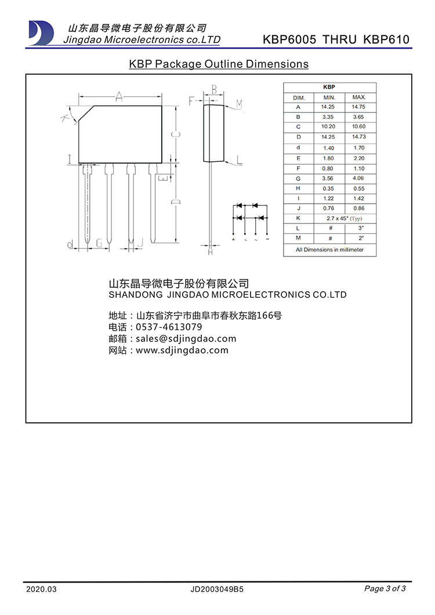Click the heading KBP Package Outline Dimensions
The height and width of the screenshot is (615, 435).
click(x=219, y=64)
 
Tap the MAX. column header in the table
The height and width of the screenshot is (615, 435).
click(x=358, y=97)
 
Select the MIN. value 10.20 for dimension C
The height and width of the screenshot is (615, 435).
click(x=328, y=126)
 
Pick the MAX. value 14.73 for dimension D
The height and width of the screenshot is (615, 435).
click(x=358, y=137)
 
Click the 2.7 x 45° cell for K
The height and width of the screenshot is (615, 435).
click(x=344, y=219)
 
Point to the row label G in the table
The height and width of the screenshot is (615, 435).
click(x=298, y=178)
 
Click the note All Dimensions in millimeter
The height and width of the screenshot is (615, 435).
click(x=329, y=249)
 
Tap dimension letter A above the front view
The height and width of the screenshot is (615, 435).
click(x=119, y=96)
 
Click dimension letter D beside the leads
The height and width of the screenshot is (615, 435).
click(x=177, y=201)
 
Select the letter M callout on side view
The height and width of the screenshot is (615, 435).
click(x=239, y=104)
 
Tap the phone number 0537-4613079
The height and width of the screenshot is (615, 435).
click(x=169, y=327)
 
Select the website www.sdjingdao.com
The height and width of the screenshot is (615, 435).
click(x=182, y=350)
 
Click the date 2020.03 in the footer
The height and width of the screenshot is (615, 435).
click(x=42, y=589)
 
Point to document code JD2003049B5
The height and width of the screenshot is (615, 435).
click(x=216, y=589)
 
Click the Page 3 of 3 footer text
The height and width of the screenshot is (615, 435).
click(x=385, y=588)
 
